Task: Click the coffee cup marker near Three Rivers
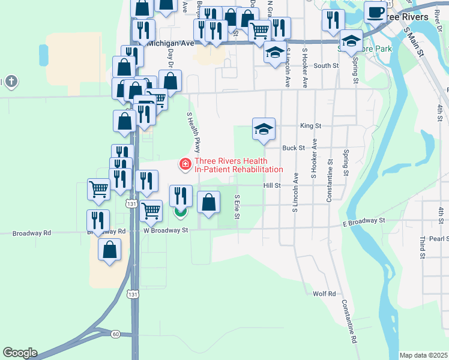click(x=375, y=12)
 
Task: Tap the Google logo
click(x=20, y=353)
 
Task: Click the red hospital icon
click(x=185, y=163)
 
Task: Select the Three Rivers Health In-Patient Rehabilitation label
click(x=238, y=165)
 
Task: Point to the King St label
click(x=310, y=126)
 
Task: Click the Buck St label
click(x=294, y=147)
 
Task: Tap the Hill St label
click(x=272, y=186)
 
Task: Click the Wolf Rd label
click(x=324, y=293)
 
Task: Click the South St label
click(x=326, y=66)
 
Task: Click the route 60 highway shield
click(x=115, y=334)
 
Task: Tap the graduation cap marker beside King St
click(x=264, y=128)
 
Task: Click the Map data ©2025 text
click(x=424, y=355)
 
